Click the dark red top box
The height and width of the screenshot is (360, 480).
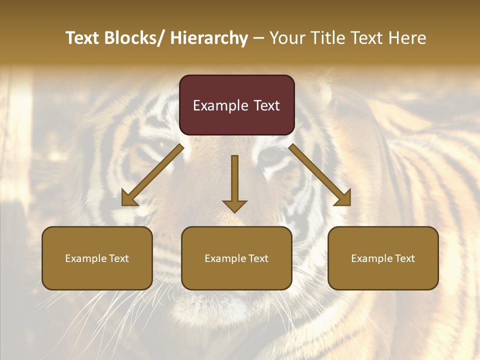pos(236,105)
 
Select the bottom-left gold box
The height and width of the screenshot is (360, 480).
pos(97,258)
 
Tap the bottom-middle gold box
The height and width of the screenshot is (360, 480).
pos(236,258)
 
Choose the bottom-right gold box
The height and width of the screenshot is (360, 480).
pos(383,258)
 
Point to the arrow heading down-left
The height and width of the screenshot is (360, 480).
pos(152,175)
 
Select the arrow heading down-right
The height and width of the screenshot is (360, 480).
pos(320,175)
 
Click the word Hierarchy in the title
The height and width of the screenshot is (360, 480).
pos(209,38)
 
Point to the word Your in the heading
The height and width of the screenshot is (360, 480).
pos(285,38)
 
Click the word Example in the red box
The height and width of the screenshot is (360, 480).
pos(220,105)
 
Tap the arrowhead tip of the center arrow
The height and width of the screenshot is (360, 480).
pos(234,212)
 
